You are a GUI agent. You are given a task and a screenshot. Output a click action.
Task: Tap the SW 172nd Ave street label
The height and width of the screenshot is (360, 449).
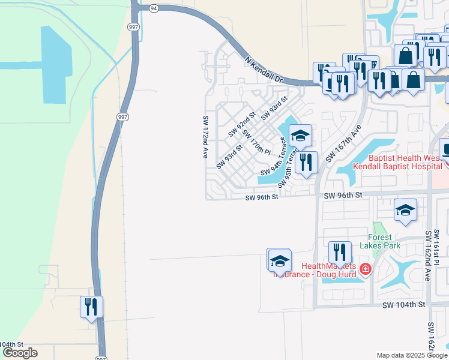(205, 137)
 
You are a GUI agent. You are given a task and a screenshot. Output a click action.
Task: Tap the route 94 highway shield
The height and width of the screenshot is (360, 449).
(154, 8)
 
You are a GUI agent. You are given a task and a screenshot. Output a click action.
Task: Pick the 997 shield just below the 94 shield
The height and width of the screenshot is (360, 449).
(133, 26)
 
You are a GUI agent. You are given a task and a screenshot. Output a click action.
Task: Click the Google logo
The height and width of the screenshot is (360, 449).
(20, 353)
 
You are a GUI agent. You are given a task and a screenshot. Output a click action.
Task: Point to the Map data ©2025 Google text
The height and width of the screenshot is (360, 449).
(411, 355)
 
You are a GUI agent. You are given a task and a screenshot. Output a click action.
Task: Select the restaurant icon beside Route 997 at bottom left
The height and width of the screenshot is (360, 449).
(92, 308)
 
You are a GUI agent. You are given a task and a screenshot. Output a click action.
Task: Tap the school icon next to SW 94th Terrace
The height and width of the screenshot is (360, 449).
(301, 136)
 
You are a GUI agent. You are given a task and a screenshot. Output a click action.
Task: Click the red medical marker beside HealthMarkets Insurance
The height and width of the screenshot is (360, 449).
(366, 271)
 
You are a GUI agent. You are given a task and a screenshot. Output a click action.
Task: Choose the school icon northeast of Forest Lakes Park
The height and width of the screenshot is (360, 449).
(405, 211)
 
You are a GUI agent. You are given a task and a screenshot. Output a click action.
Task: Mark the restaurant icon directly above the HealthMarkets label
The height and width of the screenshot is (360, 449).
(340, 253)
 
